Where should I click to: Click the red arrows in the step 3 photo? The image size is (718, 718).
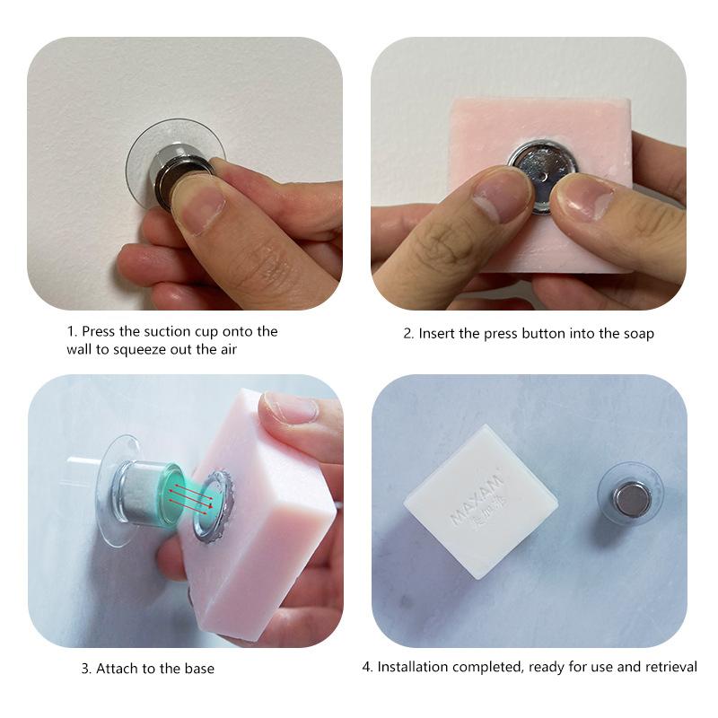tap(186, 493)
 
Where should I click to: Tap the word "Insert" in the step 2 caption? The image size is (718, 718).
tap(437, 333)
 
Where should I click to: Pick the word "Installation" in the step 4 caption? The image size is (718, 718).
tap(413, 667)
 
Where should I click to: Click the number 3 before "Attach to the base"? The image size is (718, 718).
tap(85, 668)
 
